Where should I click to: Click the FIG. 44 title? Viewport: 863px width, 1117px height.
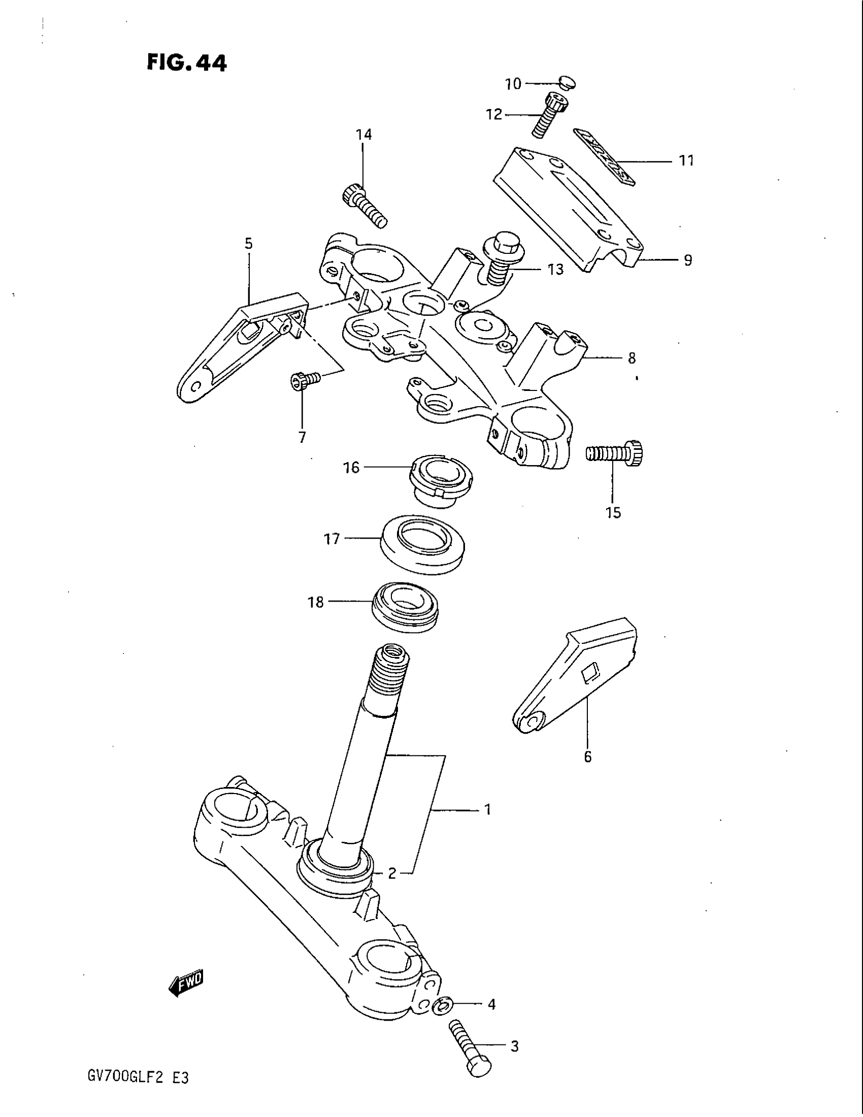186,63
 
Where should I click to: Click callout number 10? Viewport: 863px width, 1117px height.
513,84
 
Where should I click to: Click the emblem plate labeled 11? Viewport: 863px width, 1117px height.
603,156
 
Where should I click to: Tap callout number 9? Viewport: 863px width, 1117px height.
688,260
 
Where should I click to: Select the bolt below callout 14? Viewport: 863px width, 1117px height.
364,207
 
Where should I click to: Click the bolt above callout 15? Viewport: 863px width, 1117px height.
615,453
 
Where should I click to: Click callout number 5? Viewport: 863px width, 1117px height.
248,244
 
